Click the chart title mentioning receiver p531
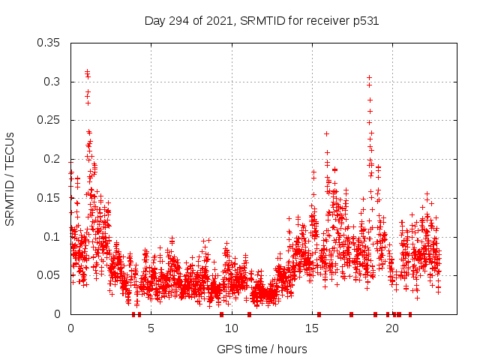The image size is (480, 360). (x=261, y=21)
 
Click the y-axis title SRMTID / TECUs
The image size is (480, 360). (x=10, y=178)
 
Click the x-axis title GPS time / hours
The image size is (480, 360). (x=262, y=349)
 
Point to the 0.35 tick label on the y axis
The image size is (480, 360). (x=49, y=43)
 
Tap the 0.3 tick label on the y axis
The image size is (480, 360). (x=52, y=82)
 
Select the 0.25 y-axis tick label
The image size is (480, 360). (x=49, y=120)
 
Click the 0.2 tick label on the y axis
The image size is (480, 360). (x=52, y=159)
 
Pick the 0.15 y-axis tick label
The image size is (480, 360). (x=49, y=198)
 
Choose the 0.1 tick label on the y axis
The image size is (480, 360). (x=52, y=237)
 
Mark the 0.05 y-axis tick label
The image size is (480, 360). (x=49, y=275)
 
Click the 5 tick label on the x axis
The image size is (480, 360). (x=151, y=328)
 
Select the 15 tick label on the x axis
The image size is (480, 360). (x=311, y=328)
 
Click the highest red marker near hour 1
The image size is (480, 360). (x=87, y=71)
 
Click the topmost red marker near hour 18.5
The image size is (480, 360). (x=369, y=77)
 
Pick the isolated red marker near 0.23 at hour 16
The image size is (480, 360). (x=326, y=134)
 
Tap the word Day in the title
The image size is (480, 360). (x=154, y=21)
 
